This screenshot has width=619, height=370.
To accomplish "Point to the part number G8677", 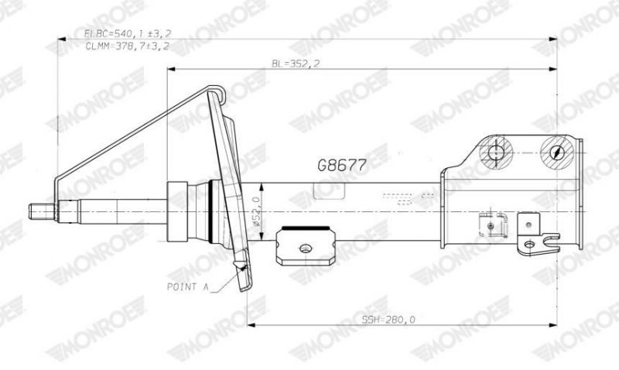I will tap(341, 165).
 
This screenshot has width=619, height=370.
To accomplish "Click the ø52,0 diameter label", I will tap(256, 209).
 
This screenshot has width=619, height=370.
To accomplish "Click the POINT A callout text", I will tap(189, 286).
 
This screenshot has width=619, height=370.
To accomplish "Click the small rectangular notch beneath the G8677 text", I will tap(325, 189).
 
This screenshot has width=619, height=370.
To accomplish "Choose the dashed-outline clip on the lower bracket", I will tap(488, 225).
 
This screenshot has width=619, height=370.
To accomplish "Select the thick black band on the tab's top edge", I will tap(306, 229).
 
